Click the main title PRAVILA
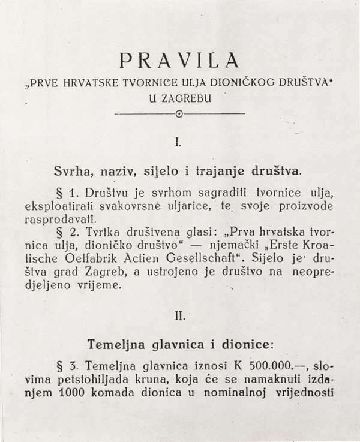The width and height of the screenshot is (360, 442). pyautogui.click(x=180, y=61)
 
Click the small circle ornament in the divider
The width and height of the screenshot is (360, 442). pyautogui.click(x=179, y=114)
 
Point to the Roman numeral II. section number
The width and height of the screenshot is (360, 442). pyautogui.click(x=179, y=314)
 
